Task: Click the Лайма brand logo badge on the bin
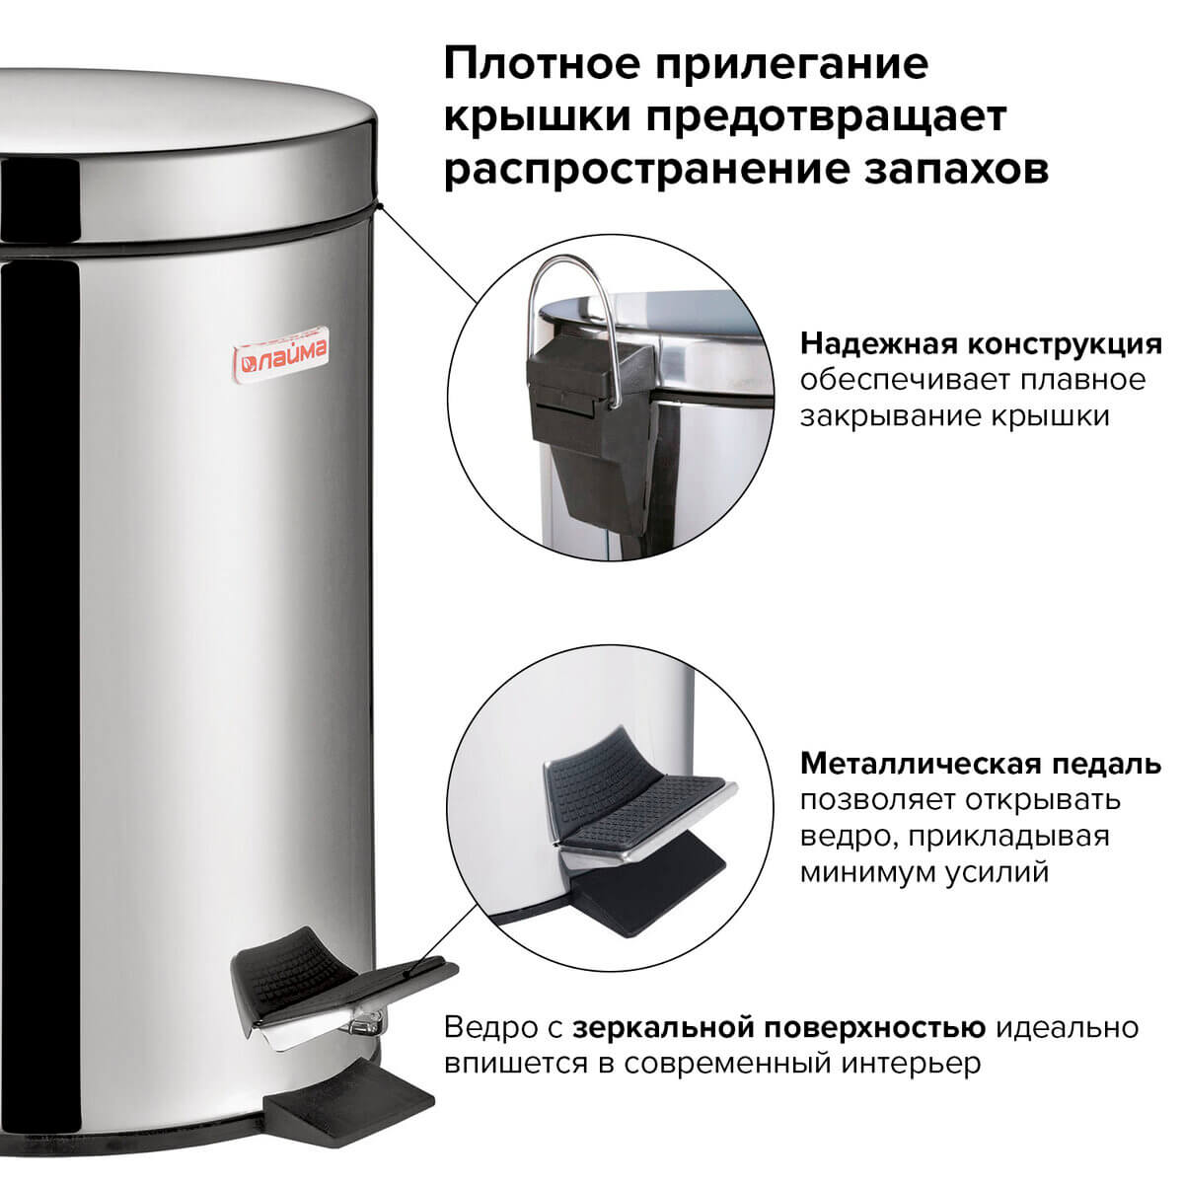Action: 281,355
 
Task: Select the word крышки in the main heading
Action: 537,117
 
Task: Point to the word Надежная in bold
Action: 879,344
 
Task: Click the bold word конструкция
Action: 1065,345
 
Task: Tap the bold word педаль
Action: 1105,765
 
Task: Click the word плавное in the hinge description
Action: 1083,380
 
